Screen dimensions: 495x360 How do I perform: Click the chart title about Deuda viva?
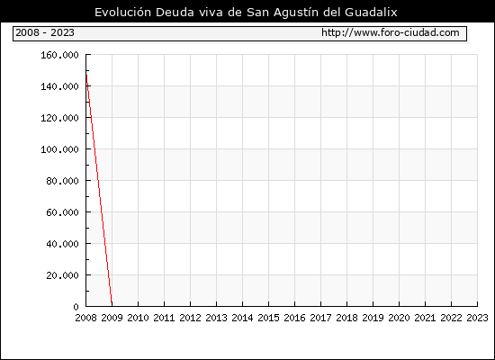pos(246,13)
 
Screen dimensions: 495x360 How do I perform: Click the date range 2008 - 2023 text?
pos(45,32)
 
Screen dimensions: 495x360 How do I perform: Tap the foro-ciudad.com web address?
pos(391,32)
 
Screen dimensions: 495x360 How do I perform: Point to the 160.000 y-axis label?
pos(59,55)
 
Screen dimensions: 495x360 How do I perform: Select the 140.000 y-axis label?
pos(59,86)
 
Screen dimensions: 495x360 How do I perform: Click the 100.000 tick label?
pos(59,149)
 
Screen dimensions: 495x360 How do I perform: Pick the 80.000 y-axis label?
pos(62,181)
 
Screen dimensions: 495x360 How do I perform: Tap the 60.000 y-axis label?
pos(62,212)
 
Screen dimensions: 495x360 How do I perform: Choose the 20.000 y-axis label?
pos(62,275)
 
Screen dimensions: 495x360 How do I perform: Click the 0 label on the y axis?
pos(76,307)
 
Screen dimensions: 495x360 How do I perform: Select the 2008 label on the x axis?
pos(85,318)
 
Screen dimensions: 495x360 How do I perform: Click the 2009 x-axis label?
pos(112,318)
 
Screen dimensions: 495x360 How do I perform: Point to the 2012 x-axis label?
pos(191,318)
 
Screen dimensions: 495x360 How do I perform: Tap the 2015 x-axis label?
pos(269,318)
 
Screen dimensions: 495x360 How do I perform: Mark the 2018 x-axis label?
pos(346,318)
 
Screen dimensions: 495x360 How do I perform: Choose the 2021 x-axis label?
pos(425,318)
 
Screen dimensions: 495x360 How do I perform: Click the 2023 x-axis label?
pos(477,318)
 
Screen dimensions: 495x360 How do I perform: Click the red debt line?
pos(99,190)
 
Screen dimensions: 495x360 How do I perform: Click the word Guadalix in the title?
pos(371,13)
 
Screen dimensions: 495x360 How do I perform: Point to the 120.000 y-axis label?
pos(59,118)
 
